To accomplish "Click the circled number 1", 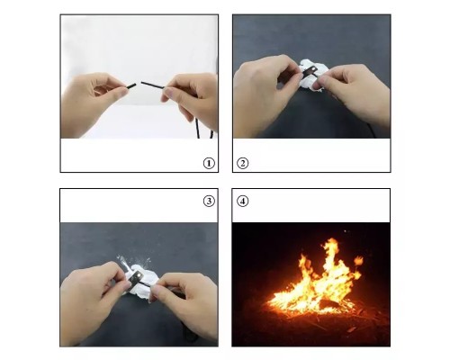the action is click(x=209, y=164).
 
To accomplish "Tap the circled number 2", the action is click(x=242, y=164).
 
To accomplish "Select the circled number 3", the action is click(x=209, y=201).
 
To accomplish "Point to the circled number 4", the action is click(x=242, y=201).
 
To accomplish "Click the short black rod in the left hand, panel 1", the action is click(x=131, y=86).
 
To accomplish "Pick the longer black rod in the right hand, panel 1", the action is click(x=153, y=85).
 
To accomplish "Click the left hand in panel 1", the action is click(x=92, y=102).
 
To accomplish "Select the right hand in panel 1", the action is click(x=192, y=97).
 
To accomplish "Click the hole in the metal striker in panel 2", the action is click(x=313, y=70).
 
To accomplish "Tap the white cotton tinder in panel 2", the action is click(x=310, y=75).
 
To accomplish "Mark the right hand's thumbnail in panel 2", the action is click(x=316, y=85).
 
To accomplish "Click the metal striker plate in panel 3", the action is click(x=136, y=279).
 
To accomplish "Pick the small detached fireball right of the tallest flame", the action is click(x=358, y=260).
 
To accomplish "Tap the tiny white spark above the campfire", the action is click(x=346, y=231).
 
